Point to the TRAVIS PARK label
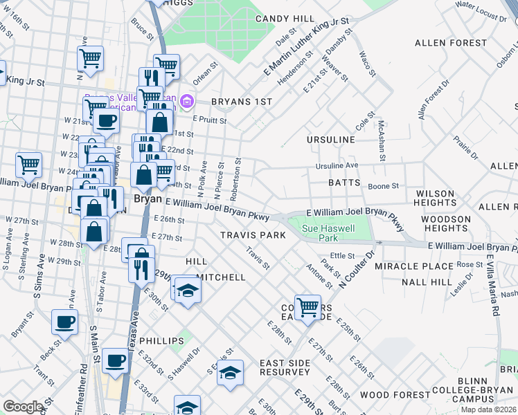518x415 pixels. pos(253,235)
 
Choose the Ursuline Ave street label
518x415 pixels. pos(337,166)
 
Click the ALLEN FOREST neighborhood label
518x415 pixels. pos(447,43)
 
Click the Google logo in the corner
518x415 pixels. pos(23,407)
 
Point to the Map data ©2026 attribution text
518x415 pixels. pos(488,409)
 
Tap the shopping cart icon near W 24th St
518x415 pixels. pos(28,165)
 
